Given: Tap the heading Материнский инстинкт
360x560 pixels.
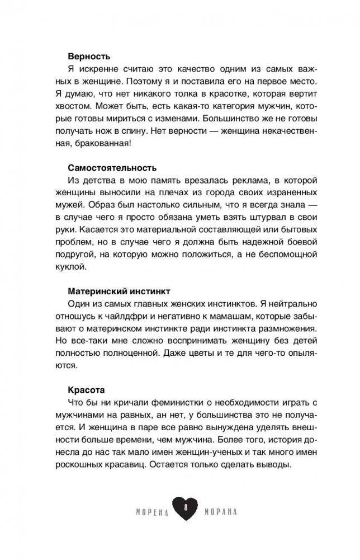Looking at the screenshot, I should click(119, 291).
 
